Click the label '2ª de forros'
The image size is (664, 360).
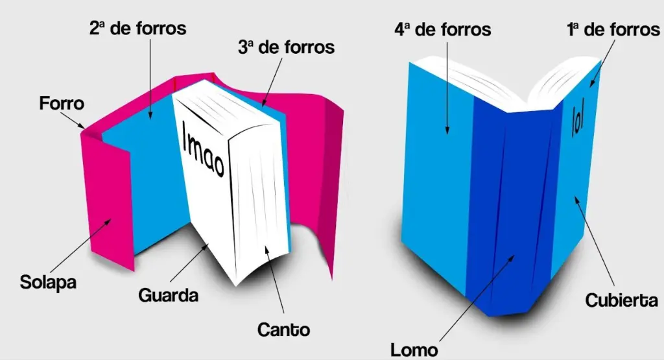[137, 29]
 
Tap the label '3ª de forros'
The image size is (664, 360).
[286, 47]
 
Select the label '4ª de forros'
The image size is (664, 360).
[443, 29]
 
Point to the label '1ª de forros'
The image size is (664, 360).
[613, 29]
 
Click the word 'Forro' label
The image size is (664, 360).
[62, 103]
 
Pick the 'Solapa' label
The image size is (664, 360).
[49, 283]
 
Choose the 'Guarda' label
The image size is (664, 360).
[168, 295]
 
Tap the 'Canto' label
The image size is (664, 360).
[283, 329]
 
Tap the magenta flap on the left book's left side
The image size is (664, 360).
[107, 195]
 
